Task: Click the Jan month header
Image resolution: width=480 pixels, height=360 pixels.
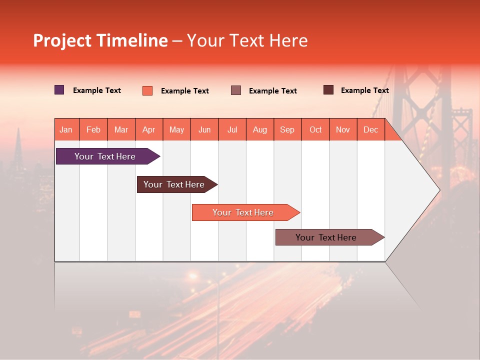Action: [66, 129]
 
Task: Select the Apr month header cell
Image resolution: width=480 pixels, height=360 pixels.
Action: [148, 129]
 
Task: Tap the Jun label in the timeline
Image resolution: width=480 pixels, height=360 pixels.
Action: [204, 129]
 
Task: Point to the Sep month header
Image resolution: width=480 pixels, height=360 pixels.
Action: [287, 129]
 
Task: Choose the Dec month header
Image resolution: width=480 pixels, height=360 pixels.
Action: [370, 129]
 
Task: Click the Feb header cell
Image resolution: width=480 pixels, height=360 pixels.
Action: [93, 129]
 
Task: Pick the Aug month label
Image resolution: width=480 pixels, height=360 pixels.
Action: [259, 129]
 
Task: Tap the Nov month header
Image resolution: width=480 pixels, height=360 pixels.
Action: [342, 129]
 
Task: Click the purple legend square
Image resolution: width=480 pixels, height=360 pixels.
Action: [59, 90]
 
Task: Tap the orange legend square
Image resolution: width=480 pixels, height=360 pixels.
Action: [147, 90]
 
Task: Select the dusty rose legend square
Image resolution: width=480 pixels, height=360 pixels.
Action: [236, 90]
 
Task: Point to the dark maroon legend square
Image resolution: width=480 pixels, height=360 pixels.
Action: [328, 90]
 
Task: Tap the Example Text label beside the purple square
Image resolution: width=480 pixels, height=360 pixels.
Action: [97, 90]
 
